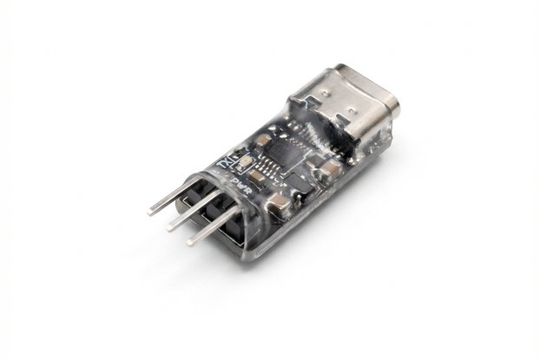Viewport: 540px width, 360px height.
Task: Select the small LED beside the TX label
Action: coord(244,162)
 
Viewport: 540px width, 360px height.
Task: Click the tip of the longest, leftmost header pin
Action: coord(151,210)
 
